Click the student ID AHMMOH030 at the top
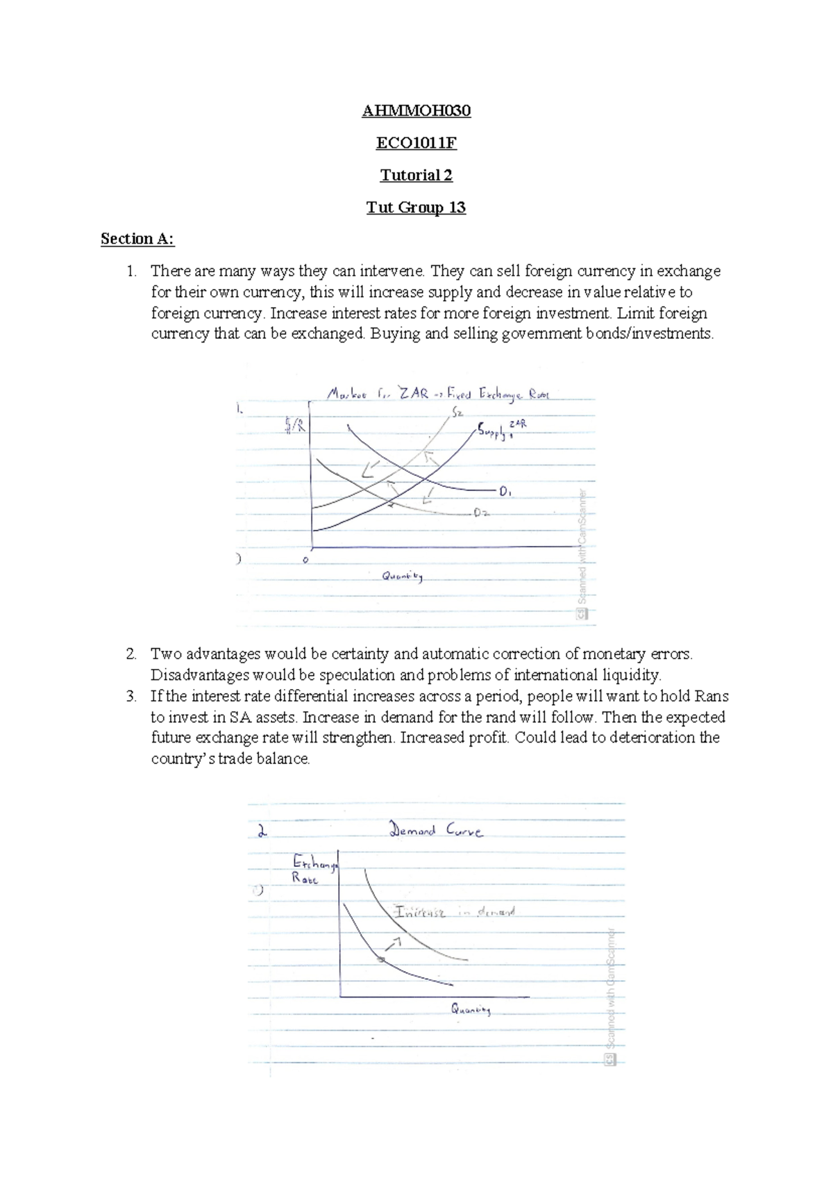click(416, 111)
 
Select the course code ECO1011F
click(416, 143)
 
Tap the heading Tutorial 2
click(416, 175)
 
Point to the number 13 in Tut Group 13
click(457, 207)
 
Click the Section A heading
click(137, 239)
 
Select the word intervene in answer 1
click(397, 271)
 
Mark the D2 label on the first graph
click(482, 513)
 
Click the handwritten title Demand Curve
click(436, 830)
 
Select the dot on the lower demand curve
click(381, 959)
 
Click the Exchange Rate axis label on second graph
click(314, 870)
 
